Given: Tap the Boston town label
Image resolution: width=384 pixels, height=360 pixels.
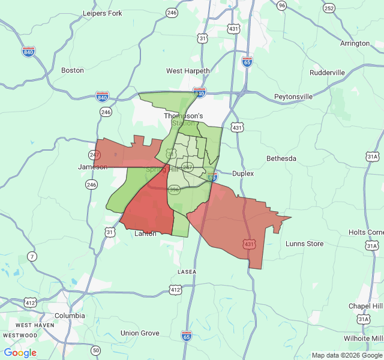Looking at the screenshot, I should (x=73, y=70).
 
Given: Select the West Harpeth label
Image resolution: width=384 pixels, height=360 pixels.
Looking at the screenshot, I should (x=188, y=71).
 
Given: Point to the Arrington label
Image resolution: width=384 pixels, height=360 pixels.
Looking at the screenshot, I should (x=355, y=43).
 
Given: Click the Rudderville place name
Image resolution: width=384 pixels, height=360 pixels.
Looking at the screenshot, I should (x=327, y=73).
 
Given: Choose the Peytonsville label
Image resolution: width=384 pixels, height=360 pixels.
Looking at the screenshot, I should (x=293, y=96).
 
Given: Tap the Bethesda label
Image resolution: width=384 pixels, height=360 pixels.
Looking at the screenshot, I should (x=281, y=158).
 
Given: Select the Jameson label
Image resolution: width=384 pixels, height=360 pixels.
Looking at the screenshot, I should (x=92, y=167).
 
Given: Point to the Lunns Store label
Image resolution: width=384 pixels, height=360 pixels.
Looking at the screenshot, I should (x=304, y=244).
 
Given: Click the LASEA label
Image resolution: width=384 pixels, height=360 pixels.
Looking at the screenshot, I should (x=187, y=272).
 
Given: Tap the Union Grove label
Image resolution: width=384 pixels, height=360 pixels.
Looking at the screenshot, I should (x=140, y=333).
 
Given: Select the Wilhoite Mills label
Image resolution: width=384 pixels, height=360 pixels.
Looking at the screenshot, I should (x=362, y=338).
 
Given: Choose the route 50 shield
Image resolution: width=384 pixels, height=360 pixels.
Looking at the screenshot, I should (x=95, y=350).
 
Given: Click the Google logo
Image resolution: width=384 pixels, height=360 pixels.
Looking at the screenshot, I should (x=20, y=353).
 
